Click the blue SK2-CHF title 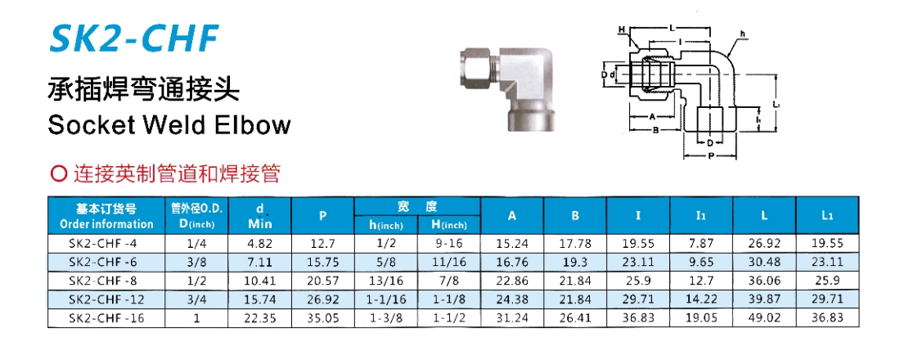[133, 38]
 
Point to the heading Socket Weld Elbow [169, 124]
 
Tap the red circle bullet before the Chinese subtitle [56, 174]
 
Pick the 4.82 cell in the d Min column [260, 244]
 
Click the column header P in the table [322, 216]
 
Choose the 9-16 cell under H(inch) [448, 244]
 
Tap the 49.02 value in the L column [764, 317]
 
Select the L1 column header [827, 216]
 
